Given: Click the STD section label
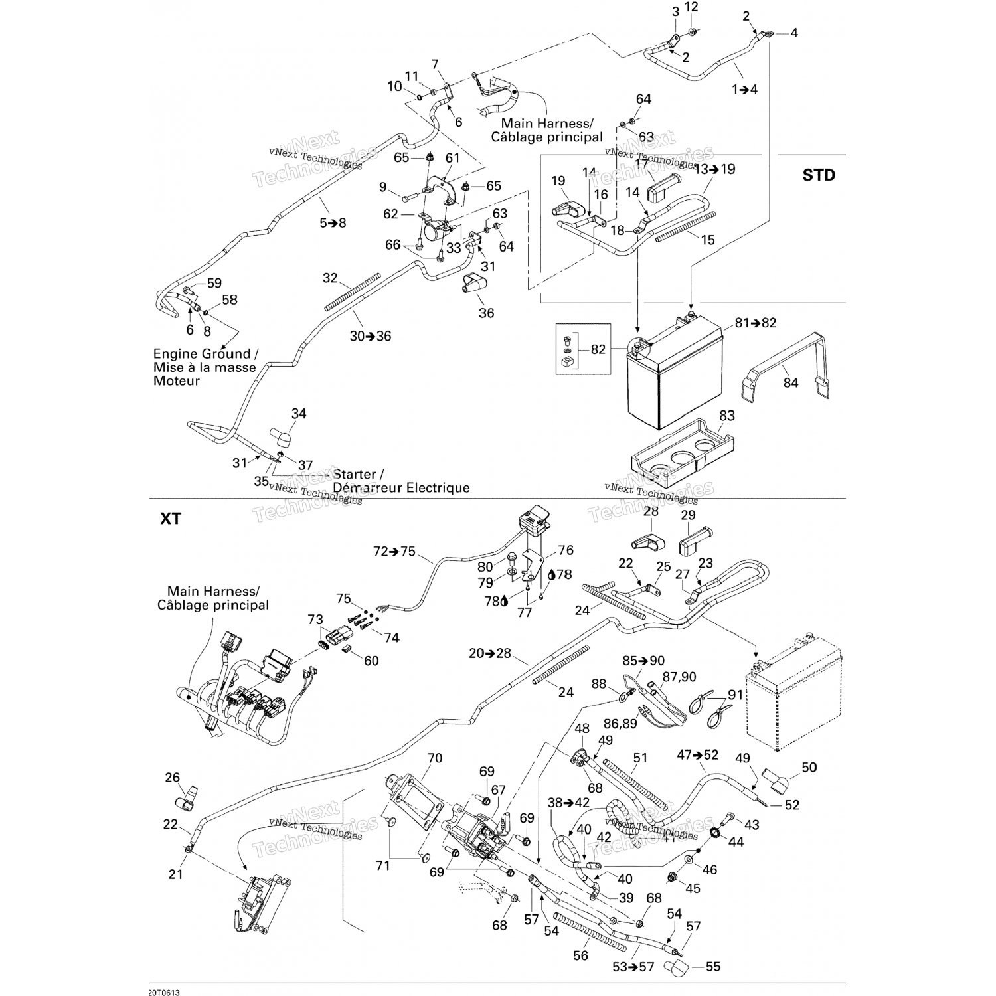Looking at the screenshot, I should point(818,175).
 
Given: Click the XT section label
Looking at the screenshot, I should point(171,519).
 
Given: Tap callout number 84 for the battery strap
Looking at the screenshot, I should point(790,383).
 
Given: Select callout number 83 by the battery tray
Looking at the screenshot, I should point(726,416).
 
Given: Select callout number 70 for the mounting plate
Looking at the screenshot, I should point(434,758).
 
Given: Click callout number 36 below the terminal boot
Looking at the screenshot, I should point(486,313).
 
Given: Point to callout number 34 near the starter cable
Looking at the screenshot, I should point(299,414).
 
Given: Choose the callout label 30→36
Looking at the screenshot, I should point(371,337).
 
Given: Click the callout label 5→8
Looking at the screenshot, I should point(333,223).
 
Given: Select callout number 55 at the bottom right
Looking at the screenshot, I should point(712,967).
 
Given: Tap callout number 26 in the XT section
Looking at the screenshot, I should point(172,777).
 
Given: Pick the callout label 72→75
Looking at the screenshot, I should point(394,552).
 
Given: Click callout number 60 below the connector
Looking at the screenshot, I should point(371,661).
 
